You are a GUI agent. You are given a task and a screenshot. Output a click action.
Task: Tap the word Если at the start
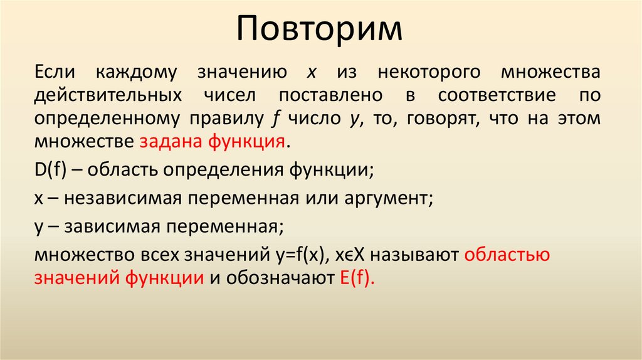pyautogui.click(x=55, y=72)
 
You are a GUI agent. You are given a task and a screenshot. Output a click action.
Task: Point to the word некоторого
pyautogui.click(x=429, y=73)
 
